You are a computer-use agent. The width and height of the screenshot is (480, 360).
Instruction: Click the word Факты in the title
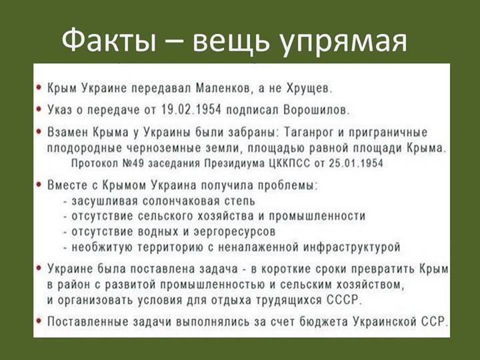[x=109, y=41]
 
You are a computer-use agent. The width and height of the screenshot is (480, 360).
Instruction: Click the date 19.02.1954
[x=191, y=109]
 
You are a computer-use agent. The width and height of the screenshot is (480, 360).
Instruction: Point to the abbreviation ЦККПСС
[x=289, y=163]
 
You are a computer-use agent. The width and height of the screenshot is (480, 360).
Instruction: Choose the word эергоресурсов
[x=235, y=232]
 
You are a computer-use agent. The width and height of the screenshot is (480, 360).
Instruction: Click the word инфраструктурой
[x=352, y=247]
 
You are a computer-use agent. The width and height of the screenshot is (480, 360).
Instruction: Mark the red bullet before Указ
[x=39, y=109]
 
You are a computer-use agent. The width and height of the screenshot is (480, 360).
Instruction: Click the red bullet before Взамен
[x=39, y=131]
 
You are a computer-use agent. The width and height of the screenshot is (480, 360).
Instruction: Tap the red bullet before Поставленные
[x=39, y=321]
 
